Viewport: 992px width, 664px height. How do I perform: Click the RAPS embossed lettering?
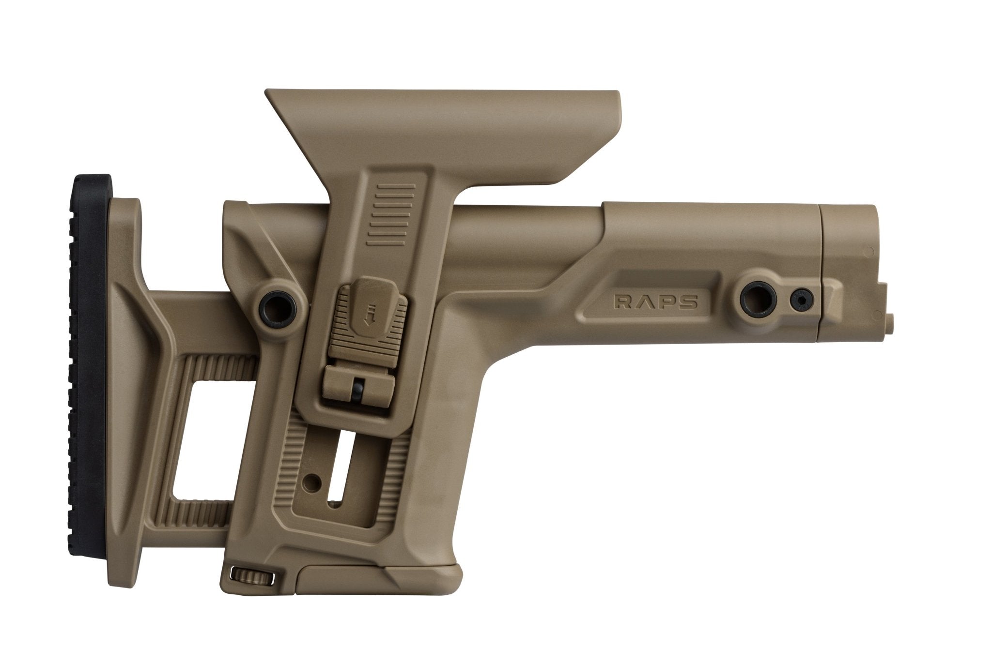pyautogui.click(x=656, y=302)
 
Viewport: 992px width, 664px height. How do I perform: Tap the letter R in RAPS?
pyautogui.click(x=621, y=302)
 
